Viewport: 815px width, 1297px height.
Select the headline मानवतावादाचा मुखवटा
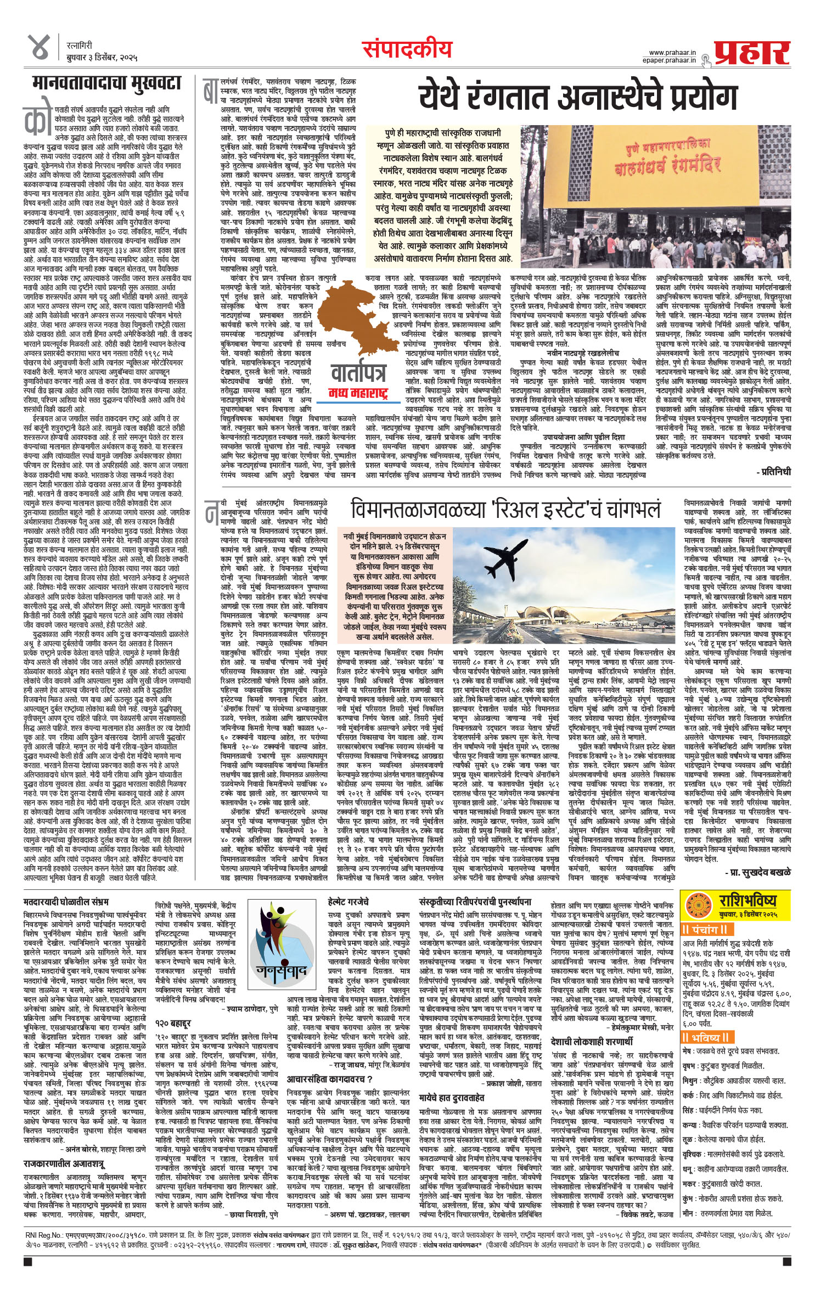click(x=106, y=84)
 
